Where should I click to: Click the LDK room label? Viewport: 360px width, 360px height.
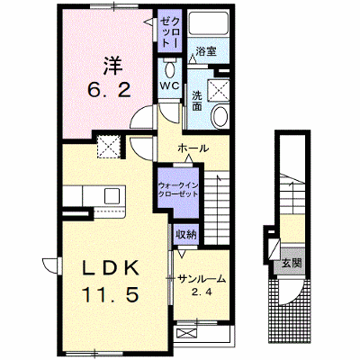(111, 268)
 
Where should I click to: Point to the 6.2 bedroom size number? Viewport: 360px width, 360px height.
(109, 89)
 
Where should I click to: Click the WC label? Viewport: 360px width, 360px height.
(169, 86)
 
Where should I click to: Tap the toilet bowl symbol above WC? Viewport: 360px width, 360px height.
(170, 70)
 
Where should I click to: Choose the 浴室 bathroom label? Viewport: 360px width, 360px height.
(206, 51)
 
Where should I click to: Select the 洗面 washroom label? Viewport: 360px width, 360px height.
(197, 101)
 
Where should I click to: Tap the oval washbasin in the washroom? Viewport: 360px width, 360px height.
(220, 117)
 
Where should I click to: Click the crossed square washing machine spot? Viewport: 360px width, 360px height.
(219, 89)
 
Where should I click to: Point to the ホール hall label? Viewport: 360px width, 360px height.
(193, 148)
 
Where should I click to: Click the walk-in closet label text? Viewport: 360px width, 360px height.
(178, 190)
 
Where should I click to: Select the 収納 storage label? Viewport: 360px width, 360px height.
(186, 235)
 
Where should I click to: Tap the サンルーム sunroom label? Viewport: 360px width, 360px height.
(202, 279)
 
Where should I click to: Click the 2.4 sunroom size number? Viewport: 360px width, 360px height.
(202, 292)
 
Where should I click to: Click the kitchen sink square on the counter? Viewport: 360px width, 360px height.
(112, 196)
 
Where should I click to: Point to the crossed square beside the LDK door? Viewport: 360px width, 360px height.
(109, 147)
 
